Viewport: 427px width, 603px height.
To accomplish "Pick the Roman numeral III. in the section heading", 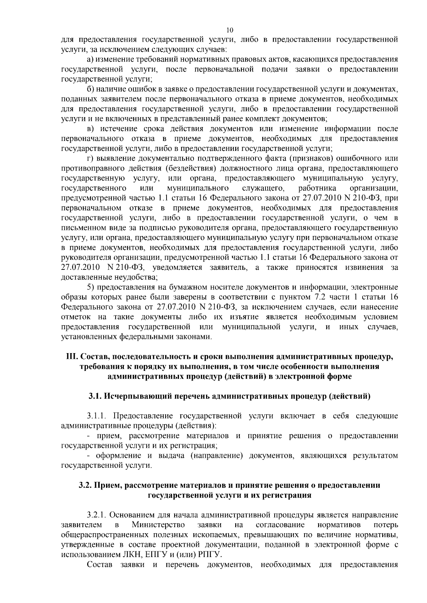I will (72, 357).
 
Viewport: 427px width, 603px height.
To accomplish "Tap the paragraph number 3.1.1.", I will (97, 416).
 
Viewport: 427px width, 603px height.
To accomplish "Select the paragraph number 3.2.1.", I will (97, 515).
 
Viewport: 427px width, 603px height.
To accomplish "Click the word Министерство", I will (158, 525).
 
